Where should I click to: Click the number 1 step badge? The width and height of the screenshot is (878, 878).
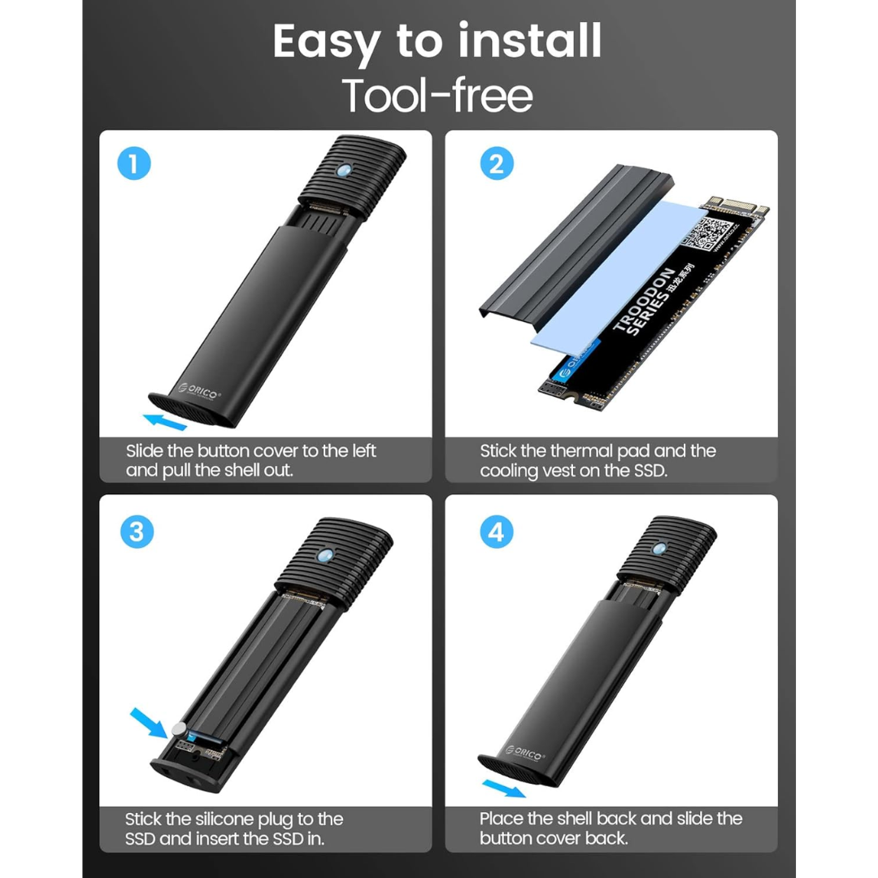[x=134, y=165]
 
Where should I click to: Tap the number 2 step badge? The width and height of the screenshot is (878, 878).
[x=496, y=165]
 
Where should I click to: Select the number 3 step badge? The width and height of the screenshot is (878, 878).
[x=136, y=532]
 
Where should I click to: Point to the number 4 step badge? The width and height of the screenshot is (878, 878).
[x=496, y=532]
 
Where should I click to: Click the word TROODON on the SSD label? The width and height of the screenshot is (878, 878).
[x=643, y=300]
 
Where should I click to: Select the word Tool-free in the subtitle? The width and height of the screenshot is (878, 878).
[x=437, y=95]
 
